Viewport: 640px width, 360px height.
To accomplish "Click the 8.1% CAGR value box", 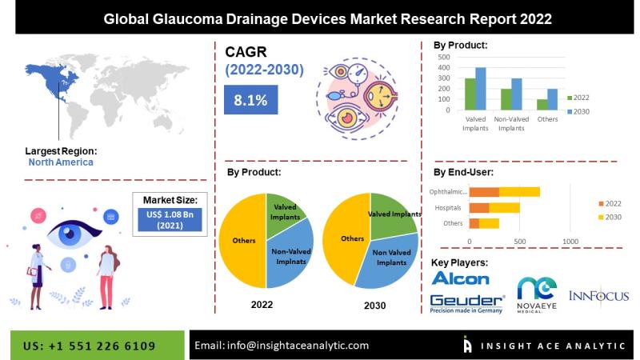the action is tap(250, 99).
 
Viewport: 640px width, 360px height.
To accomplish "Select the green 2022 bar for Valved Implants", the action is tap(470, 94).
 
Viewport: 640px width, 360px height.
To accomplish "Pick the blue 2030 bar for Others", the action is tap(552, 99).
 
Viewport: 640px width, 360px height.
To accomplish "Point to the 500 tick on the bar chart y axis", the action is tap(444, 57).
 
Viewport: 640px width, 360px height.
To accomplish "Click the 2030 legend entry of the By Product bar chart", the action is tap(578, 111).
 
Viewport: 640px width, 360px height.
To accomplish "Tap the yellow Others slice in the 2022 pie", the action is tap(242, 241).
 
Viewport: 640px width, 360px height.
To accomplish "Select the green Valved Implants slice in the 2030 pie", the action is tap(393, 215).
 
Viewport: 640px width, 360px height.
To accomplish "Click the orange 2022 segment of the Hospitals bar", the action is tap(479, 208).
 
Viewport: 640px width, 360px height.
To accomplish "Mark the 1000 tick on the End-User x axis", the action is tap(570, 242).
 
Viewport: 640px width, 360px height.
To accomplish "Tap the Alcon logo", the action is tap(461, 278).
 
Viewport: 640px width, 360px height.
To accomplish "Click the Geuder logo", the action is tap(467, 304).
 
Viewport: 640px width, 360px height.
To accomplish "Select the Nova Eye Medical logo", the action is tap(537, 294).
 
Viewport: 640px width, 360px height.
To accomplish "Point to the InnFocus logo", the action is tap(598, 296).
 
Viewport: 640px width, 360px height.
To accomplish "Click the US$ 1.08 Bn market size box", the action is tap(170, 219).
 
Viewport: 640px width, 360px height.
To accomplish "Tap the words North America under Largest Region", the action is tap(61, 162).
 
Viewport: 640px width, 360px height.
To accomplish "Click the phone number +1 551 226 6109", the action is tap(102, 346).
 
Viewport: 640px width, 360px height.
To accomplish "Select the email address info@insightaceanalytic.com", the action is tap(298, 346).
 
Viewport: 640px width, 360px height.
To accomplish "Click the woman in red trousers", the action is tap(107, 277).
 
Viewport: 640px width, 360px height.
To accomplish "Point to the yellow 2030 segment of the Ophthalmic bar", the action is tap(519, 192).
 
